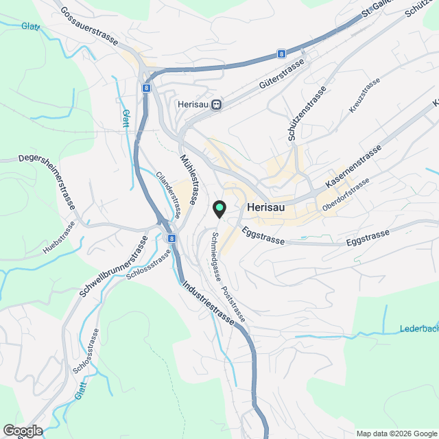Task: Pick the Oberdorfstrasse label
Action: [x=346, y=194]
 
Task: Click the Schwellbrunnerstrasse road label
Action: [x=114, y=267]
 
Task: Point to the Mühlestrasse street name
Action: [x=190, y=178]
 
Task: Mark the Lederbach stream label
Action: [x=418, y=329]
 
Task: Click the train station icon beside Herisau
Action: [x=217, y=104]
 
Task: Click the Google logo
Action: [x=22, y=430]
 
